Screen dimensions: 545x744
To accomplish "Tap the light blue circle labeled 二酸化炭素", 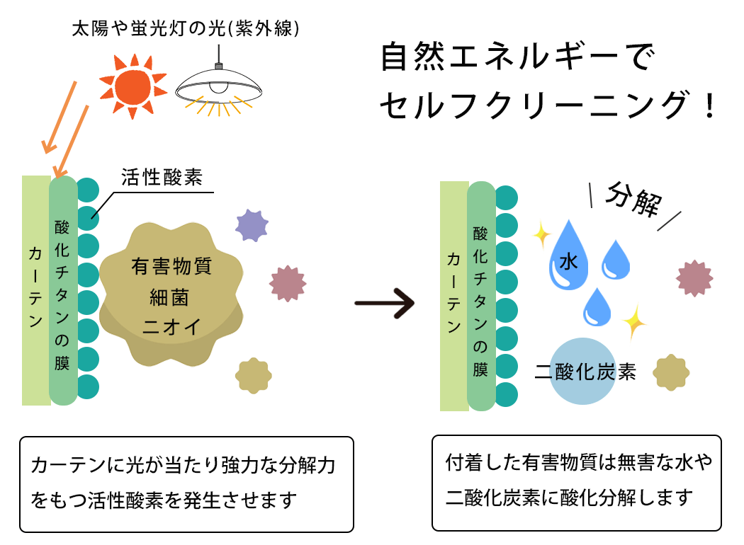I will pyautogui.click(x=585, y=371).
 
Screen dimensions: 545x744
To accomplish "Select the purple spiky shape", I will pyautogui.click(x=252, y=225).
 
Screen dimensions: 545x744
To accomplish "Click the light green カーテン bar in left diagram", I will pyautogui.click(x=35, y=290).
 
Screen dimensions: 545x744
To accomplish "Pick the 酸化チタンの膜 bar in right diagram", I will pyautogui.click(x=481, y=296).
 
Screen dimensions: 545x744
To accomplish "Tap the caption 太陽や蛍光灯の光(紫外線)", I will pyautogui.click(x=186, y=29).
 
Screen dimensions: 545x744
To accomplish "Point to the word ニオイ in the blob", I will pyautogui.click(x=172, y=326).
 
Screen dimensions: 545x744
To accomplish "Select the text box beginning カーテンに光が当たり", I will pyautogui.click(x=186, y=484).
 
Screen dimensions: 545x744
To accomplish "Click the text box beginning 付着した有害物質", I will pyautogui.click(x=576, y=483).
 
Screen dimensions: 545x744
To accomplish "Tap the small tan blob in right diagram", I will pyautogui.click(x=671, y=372).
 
